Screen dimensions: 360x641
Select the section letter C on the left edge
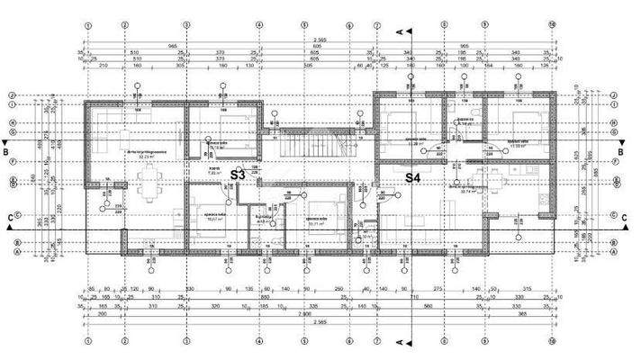point(7,217)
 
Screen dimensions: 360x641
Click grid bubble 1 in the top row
point(87,24)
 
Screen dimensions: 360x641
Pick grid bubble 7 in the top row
point(445,24)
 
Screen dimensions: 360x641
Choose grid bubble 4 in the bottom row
point(258,343)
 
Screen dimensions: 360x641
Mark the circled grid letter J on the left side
point(13,94)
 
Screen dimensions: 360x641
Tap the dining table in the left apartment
point(143,185)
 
